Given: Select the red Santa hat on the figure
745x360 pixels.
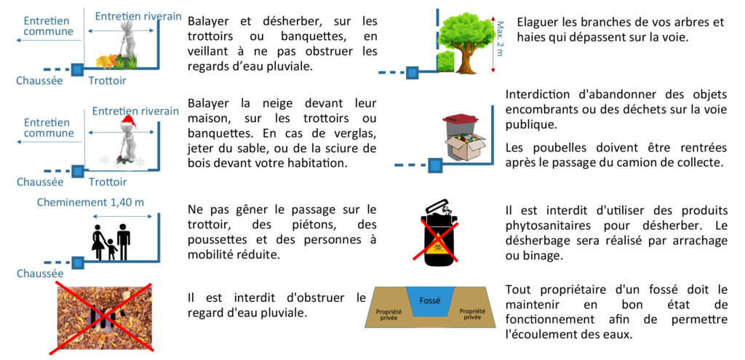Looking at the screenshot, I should tap(130, 121).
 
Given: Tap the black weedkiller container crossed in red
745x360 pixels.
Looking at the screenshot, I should tap(439, 229).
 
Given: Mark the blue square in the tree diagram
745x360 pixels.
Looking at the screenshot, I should tap(412, 73).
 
